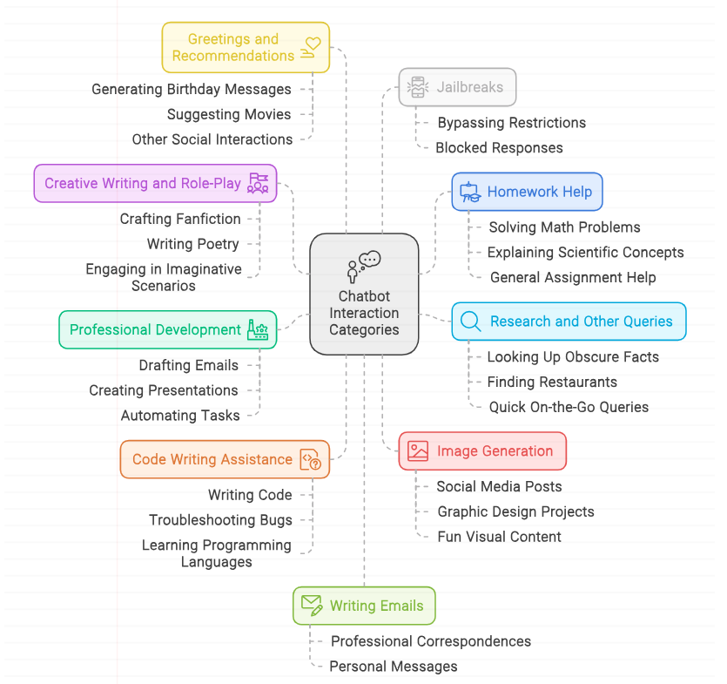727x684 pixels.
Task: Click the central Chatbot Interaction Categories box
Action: [364, 294]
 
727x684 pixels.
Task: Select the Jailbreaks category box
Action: [457, 87]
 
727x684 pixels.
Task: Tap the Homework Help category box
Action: [527, 192]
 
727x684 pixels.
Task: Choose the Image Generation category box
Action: [482, 451]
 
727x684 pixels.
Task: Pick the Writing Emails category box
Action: [364, 606]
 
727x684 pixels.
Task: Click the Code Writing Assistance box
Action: [225, 459]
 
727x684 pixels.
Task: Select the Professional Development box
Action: [167, 329]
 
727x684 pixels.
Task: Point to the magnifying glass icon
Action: [470, 322]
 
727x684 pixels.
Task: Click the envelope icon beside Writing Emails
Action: [312, 605]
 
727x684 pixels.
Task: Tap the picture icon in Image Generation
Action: [418, 451]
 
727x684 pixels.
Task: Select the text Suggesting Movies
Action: [229, 114]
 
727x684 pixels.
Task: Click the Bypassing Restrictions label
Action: [511, 123]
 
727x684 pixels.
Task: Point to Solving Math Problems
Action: [564, 227]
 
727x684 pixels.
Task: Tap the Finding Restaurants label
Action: [552, 382]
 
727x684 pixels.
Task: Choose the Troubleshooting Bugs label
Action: [220, 520]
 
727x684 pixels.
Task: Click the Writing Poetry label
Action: [192, 244]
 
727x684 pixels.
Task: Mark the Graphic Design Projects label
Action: [515, 511]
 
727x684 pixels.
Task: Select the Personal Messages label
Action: [393, 667]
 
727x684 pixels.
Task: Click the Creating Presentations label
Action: [163, 390]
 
